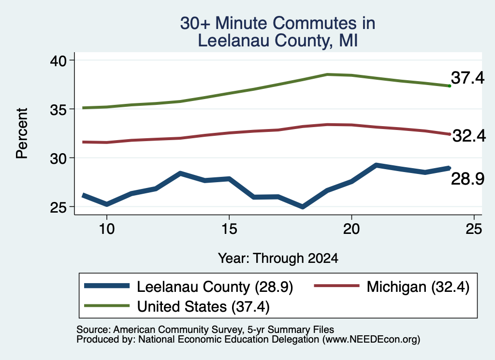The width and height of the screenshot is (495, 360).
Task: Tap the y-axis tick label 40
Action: click(x=58, y=61)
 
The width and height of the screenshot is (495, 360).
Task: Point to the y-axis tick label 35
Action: click(x=58, y=110)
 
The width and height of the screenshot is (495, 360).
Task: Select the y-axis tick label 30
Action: click(x=58, y=158)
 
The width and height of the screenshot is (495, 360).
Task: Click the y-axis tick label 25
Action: click(x=58, y=208)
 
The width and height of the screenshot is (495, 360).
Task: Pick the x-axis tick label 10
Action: click(x=107, y=229)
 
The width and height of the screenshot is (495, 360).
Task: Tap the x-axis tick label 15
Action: click(x=229, y=229)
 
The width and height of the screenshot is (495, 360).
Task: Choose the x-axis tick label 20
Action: click(x=351, y=229)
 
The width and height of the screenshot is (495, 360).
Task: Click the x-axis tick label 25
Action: click(x=474, y=229)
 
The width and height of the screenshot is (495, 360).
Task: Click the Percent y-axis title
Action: click(x=22, y=133)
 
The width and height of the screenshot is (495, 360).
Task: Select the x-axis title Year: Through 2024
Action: click(x=278, y=259)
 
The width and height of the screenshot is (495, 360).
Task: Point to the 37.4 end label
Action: click(x=467, y=78)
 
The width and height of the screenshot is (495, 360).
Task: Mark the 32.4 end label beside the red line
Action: click(x=469, y=136)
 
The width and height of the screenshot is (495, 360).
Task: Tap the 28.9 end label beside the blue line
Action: click(x=467, y=179)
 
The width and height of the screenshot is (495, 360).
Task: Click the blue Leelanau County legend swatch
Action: click(x=107, y=286)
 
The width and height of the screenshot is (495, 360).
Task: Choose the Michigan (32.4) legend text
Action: click(x=418, y=287)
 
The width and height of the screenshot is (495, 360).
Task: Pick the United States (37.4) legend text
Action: click(x=204, y=306)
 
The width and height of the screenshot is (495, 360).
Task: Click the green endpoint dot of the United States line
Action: click(x=450, y=86)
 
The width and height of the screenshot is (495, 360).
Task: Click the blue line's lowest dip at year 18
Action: click(x=303, y=207)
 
